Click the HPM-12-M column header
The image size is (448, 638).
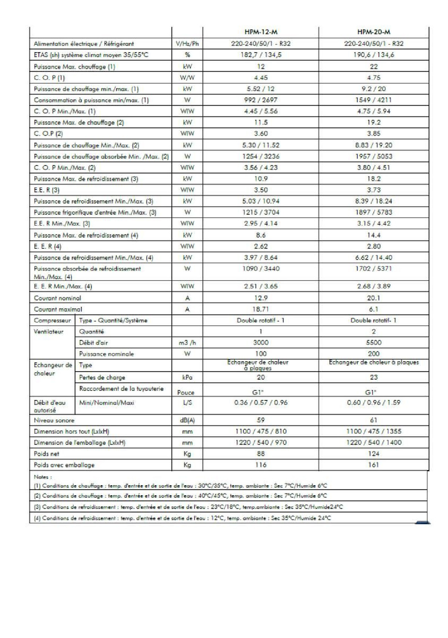(261, 32)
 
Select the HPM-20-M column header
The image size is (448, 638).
(374, 32)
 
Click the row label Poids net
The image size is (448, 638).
(47, 454)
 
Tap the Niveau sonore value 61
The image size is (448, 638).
(374, 420)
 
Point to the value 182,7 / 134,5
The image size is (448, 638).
(261, 55)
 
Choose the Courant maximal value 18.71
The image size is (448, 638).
(261, 309)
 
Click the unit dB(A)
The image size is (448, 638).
(187, 420)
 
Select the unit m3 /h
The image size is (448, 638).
(187, 343)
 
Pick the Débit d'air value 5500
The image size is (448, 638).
(374, 343)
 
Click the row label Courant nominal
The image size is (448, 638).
(57, 298)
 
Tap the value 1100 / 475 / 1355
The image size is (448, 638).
(374, 431)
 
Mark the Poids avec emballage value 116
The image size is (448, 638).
(261, 465)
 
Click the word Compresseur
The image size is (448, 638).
(52, 320)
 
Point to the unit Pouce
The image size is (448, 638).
(186, 393)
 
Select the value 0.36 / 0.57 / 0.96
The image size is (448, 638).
(261, 403)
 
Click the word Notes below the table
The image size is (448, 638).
(42, 477)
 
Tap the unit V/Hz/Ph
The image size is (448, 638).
(187, 44)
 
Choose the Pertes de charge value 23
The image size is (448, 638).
(374, 377)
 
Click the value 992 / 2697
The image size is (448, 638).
(261, 100)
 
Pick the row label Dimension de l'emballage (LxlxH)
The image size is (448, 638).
(80, 443)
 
